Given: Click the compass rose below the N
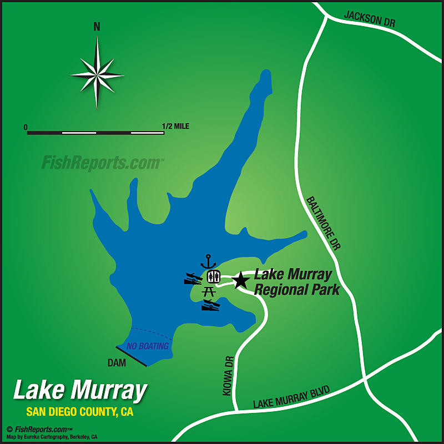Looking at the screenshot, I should coord(97,73).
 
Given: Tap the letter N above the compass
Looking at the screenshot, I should coord(97,27).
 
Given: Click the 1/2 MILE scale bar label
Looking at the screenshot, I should coord(176,127).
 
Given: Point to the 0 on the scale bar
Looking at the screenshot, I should coord(26,127).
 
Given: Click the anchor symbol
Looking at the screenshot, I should coord(209,261).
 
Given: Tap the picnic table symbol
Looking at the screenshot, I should coord(210,290).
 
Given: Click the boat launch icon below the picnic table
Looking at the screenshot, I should coord(210,305).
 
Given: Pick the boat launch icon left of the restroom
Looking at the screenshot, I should coord(193,279).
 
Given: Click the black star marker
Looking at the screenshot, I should coord(240,280).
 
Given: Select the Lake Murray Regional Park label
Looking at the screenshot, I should coord(296,281).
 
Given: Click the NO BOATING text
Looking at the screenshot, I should coord(147,346).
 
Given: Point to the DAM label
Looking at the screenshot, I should coord(117,363).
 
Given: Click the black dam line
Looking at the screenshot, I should coord(132,356).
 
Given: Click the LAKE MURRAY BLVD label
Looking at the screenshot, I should coord(291,397).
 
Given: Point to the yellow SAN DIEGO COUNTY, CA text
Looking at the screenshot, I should coord(80,412).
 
